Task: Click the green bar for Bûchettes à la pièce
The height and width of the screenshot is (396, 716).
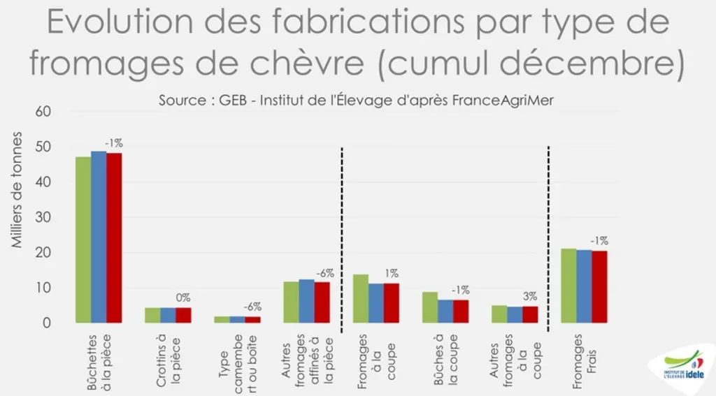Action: [84, 240]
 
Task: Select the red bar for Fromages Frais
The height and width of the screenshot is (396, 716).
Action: [599, 287]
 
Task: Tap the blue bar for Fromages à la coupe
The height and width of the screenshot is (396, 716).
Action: [376, 303]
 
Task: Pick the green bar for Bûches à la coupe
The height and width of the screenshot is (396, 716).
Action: [430, 307]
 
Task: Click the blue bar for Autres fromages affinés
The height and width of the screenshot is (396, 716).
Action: [307, 301]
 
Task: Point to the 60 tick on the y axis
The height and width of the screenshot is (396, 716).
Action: [43, 112]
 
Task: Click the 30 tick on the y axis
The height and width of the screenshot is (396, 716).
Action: [43, 217]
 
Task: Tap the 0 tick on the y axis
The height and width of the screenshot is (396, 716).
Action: [47, 323]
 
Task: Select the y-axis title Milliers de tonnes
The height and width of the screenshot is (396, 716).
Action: [17, 190]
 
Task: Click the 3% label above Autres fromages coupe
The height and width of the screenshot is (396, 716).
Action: [530, 297]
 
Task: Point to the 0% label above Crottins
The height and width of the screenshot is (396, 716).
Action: [183, 298]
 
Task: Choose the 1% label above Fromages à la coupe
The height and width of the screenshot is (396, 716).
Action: [392, 273]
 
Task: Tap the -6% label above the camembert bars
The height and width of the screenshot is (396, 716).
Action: [252, 307]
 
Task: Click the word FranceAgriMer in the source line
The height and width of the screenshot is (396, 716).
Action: [503, 101]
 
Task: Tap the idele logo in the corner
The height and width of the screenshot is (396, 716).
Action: [684, 367]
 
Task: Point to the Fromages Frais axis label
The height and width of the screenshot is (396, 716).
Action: [584, 361]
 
